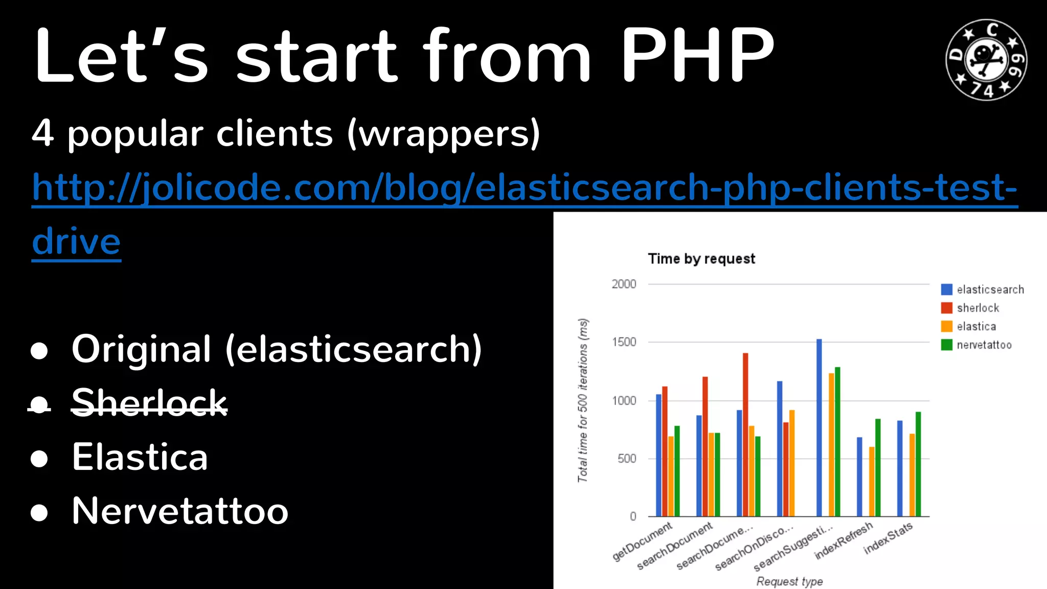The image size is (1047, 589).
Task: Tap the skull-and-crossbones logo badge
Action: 986,60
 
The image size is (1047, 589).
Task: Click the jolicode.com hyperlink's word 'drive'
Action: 76,241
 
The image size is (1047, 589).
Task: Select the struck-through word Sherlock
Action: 149,402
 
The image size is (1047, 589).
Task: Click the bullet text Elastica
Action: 140,457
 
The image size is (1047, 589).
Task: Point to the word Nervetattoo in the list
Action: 180,511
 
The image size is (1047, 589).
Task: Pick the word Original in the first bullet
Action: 141,349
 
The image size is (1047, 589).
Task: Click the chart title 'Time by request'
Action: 701,259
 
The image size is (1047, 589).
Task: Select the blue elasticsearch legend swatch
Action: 946,289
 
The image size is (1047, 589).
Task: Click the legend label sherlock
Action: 977,308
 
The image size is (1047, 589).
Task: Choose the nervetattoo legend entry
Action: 984,345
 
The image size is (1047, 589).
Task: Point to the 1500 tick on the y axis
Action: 624,342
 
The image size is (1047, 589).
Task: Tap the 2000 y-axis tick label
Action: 624,284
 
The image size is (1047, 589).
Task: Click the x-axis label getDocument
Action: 643,541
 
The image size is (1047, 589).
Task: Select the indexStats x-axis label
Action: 888,538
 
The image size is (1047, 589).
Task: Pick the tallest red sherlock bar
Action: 745,435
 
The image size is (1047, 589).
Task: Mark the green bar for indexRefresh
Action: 878,467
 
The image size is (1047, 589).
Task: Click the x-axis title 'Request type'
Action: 789,581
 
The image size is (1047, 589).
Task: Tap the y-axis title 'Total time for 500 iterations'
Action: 583,400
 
